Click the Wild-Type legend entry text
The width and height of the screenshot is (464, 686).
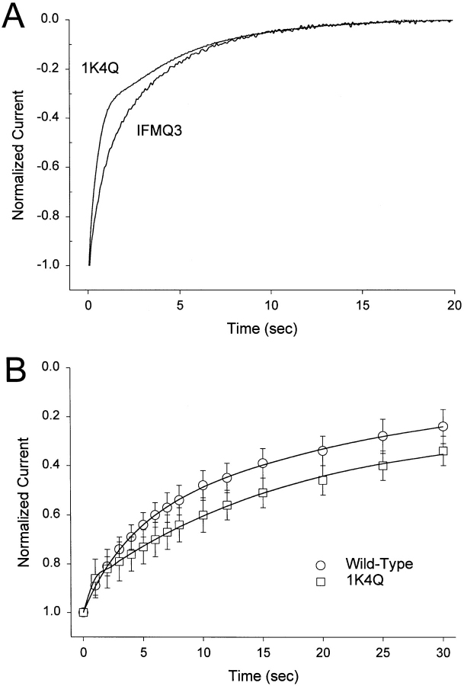373,565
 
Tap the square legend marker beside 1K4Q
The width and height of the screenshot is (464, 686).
321,582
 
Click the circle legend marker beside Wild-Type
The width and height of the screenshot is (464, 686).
321,565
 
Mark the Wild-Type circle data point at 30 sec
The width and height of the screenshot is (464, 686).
443,426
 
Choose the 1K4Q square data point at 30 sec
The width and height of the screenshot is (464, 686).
443,451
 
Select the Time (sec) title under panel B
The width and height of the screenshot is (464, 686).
262,675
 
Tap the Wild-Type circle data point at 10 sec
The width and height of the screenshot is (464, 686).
203,485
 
